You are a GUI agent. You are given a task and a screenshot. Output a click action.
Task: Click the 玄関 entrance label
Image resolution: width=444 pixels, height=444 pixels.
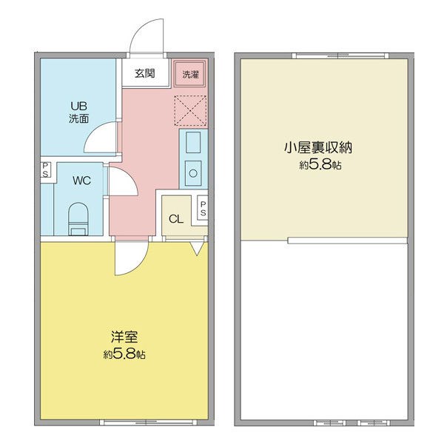[145, 73]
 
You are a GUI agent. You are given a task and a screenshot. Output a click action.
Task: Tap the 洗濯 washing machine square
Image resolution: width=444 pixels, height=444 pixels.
[190, 73]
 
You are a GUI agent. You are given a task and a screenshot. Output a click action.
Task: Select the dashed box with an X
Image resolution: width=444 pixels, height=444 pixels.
[190, 111]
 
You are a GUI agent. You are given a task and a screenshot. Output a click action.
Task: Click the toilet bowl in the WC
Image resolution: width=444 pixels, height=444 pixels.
[78, 218]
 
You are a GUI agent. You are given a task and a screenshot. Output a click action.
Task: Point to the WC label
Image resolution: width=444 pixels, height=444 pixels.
[82, 181]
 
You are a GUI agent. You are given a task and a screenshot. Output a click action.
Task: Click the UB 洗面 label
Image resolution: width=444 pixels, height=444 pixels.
[79, 112]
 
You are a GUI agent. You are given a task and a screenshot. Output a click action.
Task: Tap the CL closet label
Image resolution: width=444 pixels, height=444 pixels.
[176, 219]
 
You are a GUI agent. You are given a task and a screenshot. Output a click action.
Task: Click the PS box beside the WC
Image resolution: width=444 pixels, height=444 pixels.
[45, 169]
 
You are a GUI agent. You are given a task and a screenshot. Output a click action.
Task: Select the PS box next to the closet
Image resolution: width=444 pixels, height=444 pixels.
[203, 209]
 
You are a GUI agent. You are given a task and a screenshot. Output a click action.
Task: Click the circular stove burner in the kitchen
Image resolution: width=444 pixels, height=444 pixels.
[193, 173]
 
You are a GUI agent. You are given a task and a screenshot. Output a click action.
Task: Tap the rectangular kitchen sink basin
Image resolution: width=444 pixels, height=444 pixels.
[193, 142]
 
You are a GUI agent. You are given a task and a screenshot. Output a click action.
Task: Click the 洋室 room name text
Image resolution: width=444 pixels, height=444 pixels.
[124, 337]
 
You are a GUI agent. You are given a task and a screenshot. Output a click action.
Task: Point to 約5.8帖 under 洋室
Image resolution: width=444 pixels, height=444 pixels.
[124, 354]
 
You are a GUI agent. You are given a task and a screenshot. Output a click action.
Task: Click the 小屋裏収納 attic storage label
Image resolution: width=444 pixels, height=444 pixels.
[318, 147]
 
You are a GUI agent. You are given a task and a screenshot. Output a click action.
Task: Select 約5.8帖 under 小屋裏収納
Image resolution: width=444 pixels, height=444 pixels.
[320, 164]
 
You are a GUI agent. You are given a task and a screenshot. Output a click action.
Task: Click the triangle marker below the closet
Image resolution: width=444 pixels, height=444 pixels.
[197, 248]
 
